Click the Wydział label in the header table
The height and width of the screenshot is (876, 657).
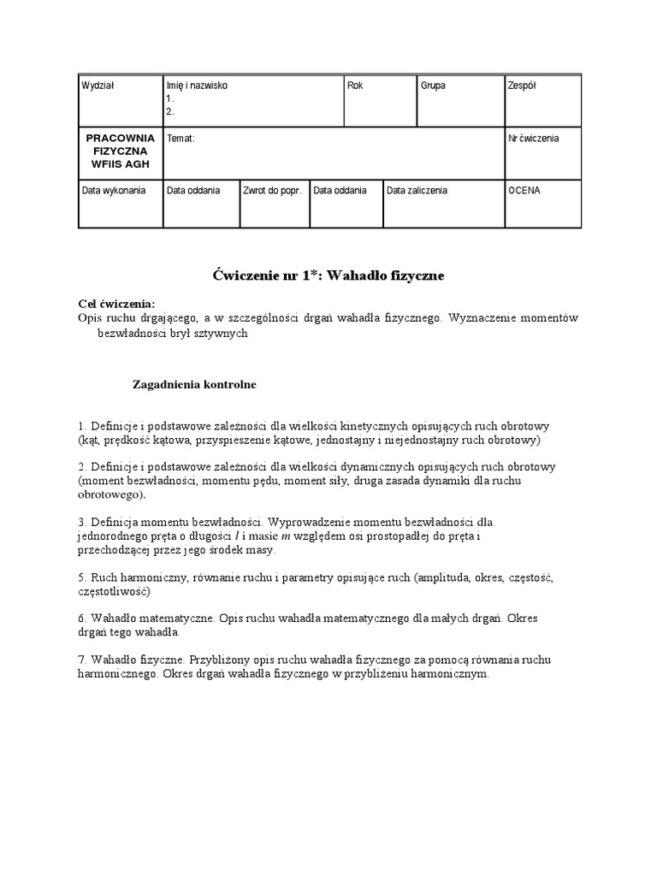pos(98,86)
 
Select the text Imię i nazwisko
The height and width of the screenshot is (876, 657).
pos(197,86)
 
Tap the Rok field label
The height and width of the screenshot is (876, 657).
pos(355,86)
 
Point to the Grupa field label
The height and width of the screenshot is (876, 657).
pos(433,86)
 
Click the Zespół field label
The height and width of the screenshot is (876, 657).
pos(522,86)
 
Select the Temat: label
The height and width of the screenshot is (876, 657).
pos(181,139)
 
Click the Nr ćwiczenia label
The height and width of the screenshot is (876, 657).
pos(533,139)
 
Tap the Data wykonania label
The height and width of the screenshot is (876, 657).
pos(113,191)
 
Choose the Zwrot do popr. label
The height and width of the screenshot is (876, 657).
pos(272,191)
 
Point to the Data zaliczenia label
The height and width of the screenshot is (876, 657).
pos(417,191)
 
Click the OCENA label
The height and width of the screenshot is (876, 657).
pos(524,191)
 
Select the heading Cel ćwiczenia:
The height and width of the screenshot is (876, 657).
pos(116,305)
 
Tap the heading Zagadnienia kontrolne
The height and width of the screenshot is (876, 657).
pos(194,385)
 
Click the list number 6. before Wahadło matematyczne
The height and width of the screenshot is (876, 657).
pos(82,618)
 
